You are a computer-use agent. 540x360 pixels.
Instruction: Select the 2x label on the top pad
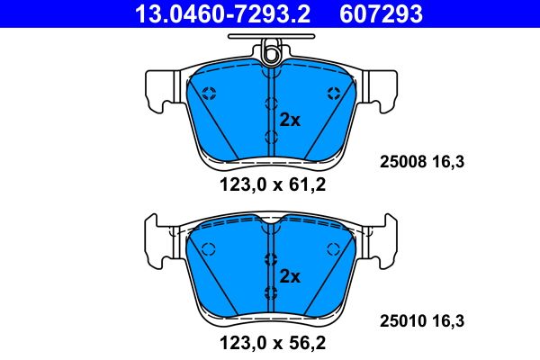pyautogui.click(x=289, y=119)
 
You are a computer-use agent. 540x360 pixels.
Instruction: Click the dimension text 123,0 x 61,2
pyautogui.click(x=270, y=187)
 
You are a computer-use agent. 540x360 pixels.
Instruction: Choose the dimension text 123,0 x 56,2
pyautogui.click(x=270, y=343)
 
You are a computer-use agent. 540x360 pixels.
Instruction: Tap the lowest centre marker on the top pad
pyautogui.click(x=270, y=136)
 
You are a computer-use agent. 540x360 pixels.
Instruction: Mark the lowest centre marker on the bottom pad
pyautogui.click(x=270, y=291)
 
